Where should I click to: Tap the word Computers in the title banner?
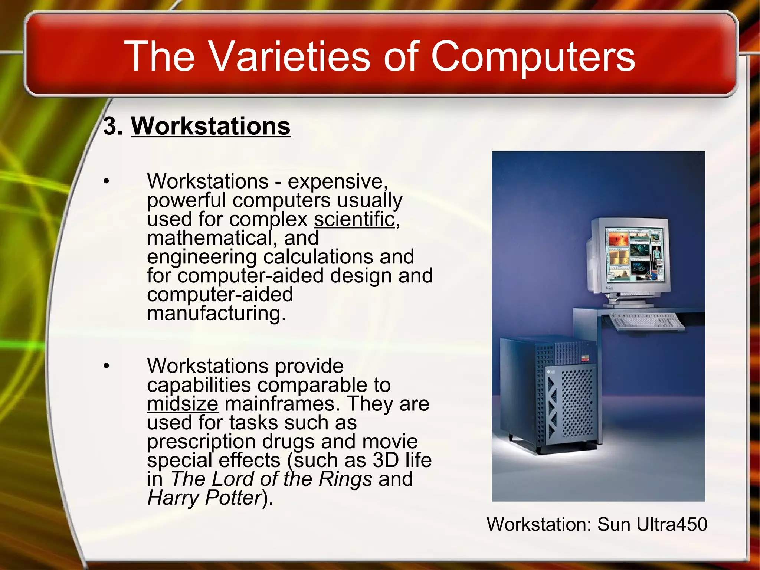click(533, 56)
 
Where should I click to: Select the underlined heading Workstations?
click(210, 126)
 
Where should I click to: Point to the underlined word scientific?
click(354, 219)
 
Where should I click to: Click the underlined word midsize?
click(183, 404)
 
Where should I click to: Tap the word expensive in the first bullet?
click(337, 181)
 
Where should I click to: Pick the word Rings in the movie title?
click(345, 479)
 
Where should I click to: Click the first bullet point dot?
click(107, 181)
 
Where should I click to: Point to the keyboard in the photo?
click(647, 321)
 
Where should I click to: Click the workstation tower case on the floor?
click(549, 395)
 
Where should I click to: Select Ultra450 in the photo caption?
click(672, 524)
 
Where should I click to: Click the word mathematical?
click(210, 238)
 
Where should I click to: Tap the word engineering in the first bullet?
click(202, 257)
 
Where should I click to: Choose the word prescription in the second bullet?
click(201, 442)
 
